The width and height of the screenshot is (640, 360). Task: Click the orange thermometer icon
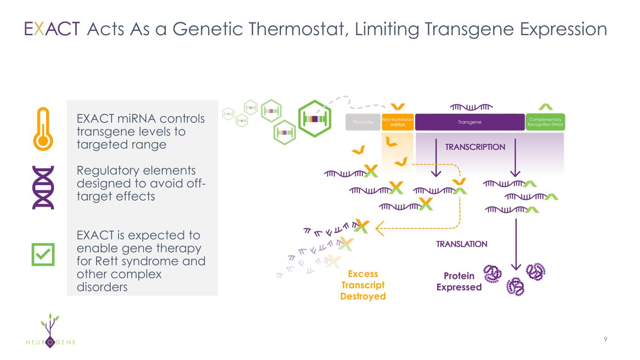click(x=43, y=129)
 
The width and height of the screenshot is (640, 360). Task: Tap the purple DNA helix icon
click(x=43, y=187)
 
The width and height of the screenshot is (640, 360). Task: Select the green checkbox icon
click(x=43, y=255)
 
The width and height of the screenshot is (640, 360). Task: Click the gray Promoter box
click(x=363, y=122)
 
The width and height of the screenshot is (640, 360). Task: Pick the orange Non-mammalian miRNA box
click(x=398, y=122)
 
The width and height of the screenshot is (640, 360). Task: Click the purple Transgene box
click(x=470, y=122)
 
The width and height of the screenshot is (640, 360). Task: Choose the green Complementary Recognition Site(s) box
click(x=545, y=122)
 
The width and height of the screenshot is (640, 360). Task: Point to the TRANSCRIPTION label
click(x=475, y=147)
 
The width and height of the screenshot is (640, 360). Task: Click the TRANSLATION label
click(x=462, y=244)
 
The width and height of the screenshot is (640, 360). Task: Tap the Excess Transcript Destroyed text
click(x=363, y=285)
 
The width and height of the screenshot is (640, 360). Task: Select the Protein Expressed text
click(x=459, y=281)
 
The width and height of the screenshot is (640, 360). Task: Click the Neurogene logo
click(x=50, y=331)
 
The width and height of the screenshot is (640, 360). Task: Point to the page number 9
click(x=605, y=339)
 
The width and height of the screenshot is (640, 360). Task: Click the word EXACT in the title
click(x=52, y=29)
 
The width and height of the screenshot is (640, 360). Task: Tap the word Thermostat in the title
click(x=299, y=29)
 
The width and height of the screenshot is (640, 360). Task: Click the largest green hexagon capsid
click(x=315, y=119)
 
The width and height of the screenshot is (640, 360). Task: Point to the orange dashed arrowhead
click(x=380, y=228)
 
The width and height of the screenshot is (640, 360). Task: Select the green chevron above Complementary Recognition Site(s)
click(x=545, y=107)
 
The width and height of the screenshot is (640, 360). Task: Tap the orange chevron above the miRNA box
click(x=398, y=107)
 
